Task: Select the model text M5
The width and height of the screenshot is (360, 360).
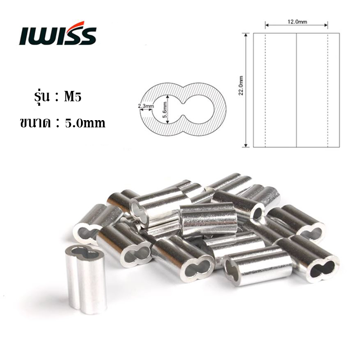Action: click(72, 97)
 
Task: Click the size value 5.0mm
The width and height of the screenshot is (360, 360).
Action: click(85, 123)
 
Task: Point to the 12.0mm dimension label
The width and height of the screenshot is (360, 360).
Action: click(297, 22)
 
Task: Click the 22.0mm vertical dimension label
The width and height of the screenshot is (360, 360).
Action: click(241, 85)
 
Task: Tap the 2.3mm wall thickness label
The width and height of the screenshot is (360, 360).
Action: click(146, 106)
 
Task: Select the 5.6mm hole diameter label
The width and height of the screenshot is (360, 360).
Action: click(165, 109)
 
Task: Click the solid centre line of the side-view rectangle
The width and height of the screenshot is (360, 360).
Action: click(297, 90)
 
